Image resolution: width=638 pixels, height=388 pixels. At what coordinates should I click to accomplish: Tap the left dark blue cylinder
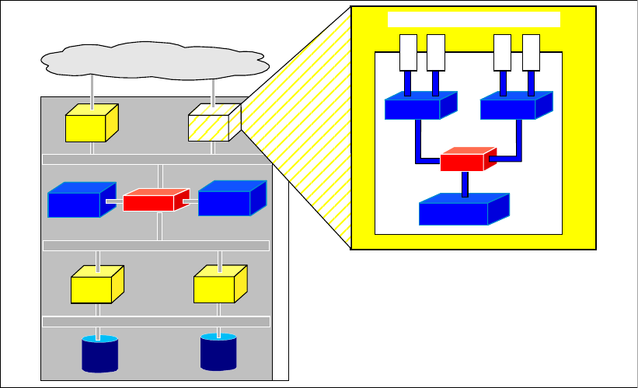click(x=99, y=355)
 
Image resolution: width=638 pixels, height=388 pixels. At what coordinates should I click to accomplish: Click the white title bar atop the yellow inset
click(x=474, y=19)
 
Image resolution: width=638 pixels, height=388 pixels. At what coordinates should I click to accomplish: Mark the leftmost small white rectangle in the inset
click(x=408, y=52)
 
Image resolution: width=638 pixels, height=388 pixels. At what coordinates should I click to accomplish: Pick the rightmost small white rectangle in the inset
click(x=531, y=52)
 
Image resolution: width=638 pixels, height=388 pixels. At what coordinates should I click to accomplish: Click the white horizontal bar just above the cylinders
click(x=156, y=321)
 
